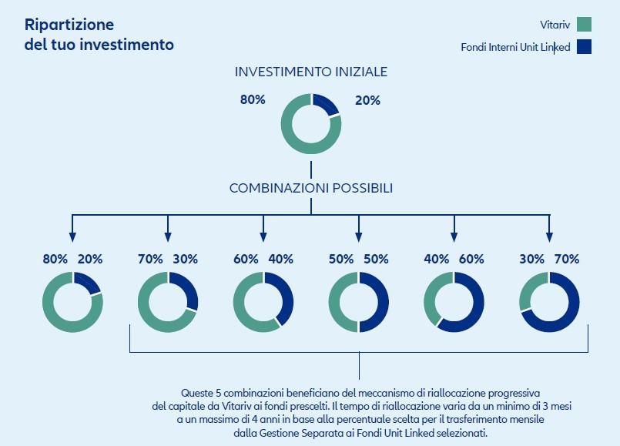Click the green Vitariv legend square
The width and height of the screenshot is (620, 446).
tap(584, 24)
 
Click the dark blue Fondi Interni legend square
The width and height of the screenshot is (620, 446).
tap(584, 47)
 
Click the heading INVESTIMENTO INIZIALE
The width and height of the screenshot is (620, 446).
tap(311, 72)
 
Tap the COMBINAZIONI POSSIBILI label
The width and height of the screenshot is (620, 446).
tap(311, 188)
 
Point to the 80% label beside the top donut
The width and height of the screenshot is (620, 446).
tap(253, 99)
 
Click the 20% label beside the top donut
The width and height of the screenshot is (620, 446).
tap(367, 100)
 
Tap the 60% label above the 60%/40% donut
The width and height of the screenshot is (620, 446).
tap(246, 260)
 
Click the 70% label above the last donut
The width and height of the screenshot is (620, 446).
tap(567, 260)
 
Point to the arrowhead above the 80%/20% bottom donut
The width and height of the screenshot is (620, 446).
tap(72, 236)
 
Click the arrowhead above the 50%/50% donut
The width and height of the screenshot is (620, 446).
tap(359, 236)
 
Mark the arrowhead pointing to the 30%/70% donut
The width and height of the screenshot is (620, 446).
tap(549, 236)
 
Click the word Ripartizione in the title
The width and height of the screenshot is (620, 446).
tap(69, 25)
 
